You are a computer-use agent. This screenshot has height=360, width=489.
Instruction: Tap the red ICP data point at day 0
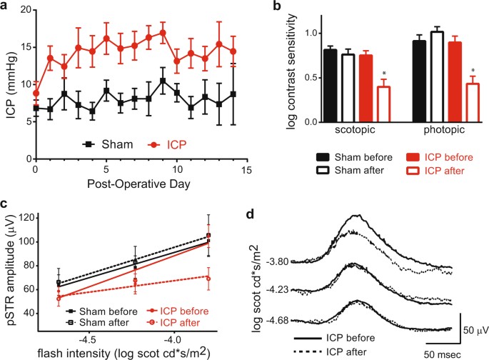point(36,93)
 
